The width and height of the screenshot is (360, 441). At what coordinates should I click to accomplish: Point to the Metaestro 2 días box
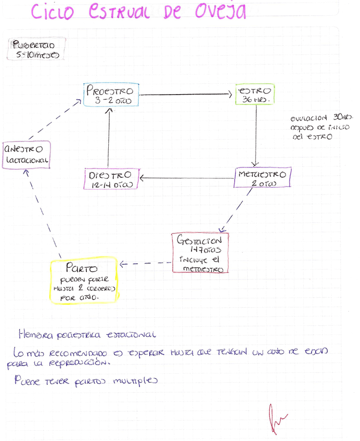click(263, 178)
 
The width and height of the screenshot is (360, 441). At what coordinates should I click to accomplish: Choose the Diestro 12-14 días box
click(111, 178)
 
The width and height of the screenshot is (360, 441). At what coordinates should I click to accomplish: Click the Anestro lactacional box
click(26, 154)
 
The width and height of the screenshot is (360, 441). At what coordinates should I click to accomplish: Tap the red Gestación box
click(201, 254)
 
